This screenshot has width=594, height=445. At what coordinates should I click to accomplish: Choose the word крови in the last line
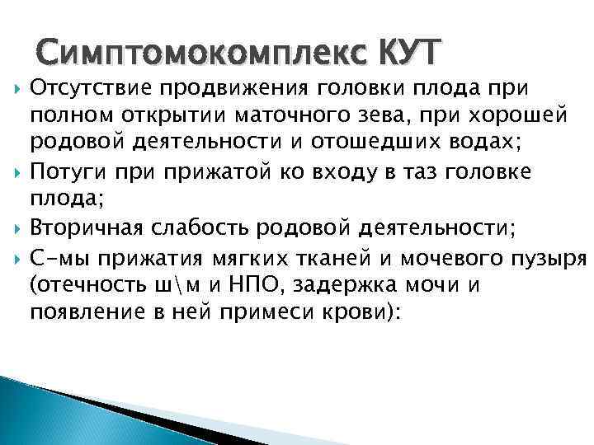coord(357,314)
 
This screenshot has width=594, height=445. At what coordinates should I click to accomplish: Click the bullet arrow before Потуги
coord(18,171)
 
